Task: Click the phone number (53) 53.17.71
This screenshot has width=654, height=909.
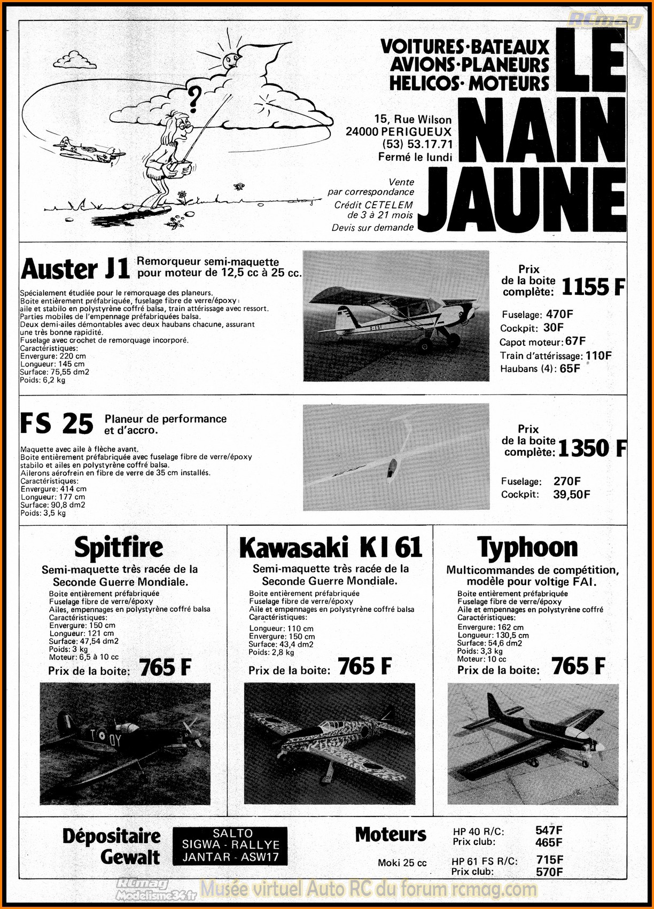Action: pyautogui.click(x=417, y=144)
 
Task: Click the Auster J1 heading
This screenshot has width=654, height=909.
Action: pyautogui.click(x=75, y=269)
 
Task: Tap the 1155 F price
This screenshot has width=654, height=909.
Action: pyautogui.click(x=593, y=288)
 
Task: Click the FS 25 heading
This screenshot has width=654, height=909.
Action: pyautogui.click(x=57, y=424)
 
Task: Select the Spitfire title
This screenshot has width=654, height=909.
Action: pyautogui.click(x=119, y=547)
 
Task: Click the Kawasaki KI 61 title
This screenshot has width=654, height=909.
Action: pyautogui.click(x=330, y=548)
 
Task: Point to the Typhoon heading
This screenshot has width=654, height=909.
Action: pyautogui.click(x=527, y=548)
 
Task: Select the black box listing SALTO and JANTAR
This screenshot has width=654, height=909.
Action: pyautogui.click(x=230, y=846)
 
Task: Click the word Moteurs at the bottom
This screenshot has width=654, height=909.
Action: pyautogui.click(x=391, y=835)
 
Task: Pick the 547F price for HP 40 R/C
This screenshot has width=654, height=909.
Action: pyautogui.click(x=549, y=830)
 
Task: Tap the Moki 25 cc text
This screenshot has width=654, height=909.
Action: pyautogui.click(x=402, y=863)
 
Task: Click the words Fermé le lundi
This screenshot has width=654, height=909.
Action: pyautogui.click(x=415, y=157)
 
